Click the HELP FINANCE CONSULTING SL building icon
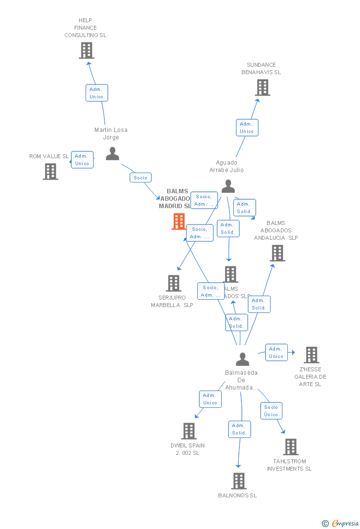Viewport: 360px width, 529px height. click(x=87, y=50)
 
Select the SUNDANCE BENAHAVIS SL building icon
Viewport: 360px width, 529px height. click(x=263, y=88)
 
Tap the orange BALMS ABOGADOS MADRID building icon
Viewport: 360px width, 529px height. click(x=179, y=221)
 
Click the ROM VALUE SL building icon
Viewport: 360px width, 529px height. click(x=50, y=172)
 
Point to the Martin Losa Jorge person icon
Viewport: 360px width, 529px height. click(x=113, y=154)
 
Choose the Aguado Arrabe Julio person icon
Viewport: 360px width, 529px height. click(x=228, y=186)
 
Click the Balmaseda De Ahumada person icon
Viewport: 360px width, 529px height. click(x=242, y=359)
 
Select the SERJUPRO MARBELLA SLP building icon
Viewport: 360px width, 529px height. click(x=174, y=283)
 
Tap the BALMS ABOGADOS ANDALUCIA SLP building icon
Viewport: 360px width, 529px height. click(x=277, y=253)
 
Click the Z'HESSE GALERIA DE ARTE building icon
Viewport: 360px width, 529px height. click(x=312, y=355)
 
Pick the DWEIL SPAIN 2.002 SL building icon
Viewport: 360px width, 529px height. click(x=189, y=431)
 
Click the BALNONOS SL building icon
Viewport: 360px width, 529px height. click(x=239, y=481)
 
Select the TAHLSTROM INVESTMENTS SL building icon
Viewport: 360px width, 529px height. click(x=291, y=447)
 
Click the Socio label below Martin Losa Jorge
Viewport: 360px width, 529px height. click(x=140, y=177)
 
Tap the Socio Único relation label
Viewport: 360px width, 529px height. click(x=271, y=411)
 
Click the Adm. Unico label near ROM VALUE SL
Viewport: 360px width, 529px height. click(x=82, y=160)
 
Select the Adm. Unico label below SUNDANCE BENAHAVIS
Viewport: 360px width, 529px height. click(x=247, y=128)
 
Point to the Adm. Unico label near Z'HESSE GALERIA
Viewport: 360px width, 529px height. click(x=276, y=353)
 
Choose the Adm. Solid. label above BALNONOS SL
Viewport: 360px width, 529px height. click(x=239, y=429)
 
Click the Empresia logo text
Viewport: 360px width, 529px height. click(x=345, y=523)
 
